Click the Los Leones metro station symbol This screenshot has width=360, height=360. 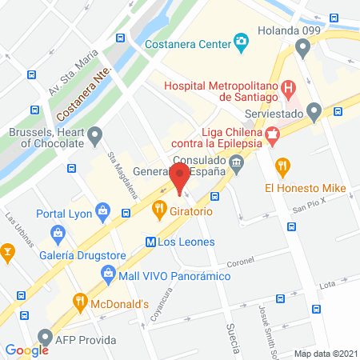tap(150, 242)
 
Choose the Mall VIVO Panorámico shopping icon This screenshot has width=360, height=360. tap(109, 275)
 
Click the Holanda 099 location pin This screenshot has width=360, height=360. tap(302, 50)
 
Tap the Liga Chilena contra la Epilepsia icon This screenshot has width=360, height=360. tap(272, 136)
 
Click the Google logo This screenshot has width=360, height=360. tap(27, 350)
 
